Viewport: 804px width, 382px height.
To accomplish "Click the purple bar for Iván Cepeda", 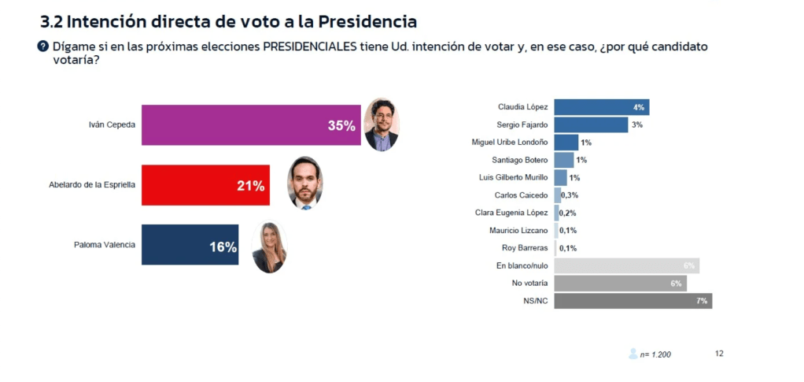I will click(x=236, y=124).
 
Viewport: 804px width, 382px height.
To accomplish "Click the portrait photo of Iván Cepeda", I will click(x=382, y=124).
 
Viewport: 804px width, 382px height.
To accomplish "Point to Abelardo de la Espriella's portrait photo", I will click(x=304, y=184).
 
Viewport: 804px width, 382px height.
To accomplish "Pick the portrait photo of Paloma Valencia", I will click(x=269, y=247).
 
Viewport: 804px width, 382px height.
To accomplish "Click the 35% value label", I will click(x=341, y=125).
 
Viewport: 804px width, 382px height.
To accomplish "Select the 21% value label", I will click(x=250, y=186).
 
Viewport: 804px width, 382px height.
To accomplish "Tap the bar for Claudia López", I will click(x=601, y=107).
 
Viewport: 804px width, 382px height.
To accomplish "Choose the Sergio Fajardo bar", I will click(x=591, y=124).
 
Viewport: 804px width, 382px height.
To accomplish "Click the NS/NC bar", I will click(x=633, y=301).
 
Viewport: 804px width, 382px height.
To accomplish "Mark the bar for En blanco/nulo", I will click(x=626, y=265).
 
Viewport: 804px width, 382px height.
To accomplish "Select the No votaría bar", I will click(x=620, y=284).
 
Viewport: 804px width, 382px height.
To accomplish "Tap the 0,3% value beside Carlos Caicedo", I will click(x=569, y=195).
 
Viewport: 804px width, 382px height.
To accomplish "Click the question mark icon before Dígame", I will click(x=43, y=46).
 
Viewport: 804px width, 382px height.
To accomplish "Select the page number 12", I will click(x=719, y=354).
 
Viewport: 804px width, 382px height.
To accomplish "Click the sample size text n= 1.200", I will click(x=655, y=354).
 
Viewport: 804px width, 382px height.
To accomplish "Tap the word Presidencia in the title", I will click(x=358, y=20).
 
